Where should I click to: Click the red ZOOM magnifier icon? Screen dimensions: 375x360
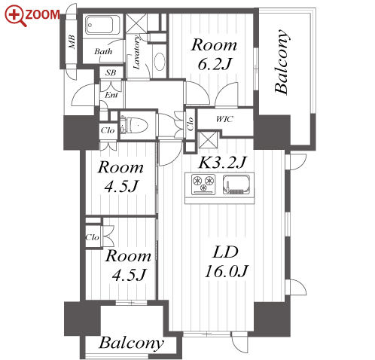[x=15, y=16]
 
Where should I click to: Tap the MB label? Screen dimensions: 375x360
[x=72, y=42]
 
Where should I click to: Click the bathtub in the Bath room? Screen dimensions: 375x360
[x=99, y=25]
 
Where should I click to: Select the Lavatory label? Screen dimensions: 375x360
[x=136, y=52]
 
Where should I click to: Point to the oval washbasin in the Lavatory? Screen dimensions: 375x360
[x=160, y=61]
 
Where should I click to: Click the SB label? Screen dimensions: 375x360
[x=111, y=72]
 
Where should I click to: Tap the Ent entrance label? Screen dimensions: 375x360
[x=111, y=95]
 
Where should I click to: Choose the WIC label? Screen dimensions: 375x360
[x=224, y=119]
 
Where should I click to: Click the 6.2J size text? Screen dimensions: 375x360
[x=214, y=64]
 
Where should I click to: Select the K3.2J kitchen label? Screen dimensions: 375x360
[x=222, y=162]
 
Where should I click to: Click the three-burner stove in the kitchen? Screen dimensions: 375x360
[x=203, y=185]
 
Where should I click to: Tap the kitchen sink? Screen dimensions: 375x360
[x=236, y=185]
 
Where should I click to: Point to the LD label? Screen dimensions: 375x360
[x=225, y=252]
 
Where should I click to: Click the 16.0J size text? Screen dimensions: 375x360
[x=227, y=271]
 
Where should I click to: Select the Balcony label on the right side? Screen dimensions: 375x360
[x=282, y=62]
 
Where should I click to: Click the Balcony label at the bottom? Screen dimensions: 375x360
[x=131, y=343]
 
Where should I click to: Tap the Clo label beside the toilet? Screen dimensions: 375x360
[x=108, y=130]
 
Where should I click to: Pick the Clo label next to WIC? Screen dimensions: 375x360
[x=191, y=124]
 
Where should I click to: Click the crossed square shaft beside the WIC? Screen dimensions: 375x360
[x=208, y=140]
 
